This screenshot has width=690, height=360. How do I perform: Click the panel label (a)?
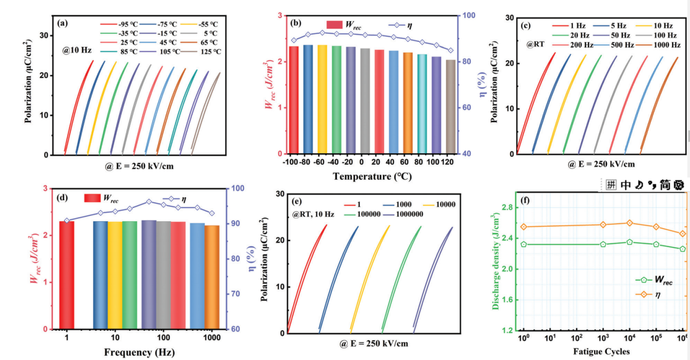point(61,23)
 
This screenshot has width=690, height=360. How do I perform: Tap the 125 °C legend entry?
point(202,51)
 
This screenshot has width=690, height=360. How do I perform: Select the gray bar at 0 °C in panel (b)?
point(365,101)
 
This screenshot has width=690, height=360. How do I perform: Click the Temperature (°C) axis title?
point(372,176)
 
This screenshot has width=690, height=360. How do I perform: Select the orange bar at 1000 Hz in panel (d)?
point(212,277)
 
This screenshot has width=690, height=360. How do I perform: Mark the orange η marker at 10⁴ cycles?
point(630,223)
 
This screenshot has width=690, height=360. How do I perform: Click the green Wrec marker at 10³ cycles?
point(603,244)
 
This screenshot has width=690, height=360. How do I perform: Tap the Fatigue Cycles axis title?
point(601,352)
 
